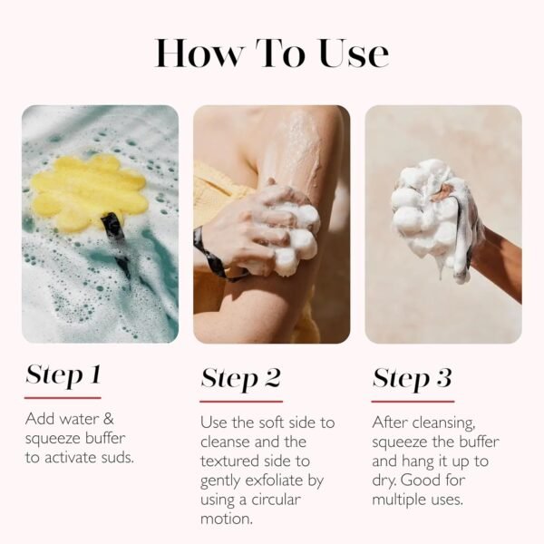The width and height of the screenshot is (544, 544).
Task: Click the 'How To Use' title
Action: click(272, 53)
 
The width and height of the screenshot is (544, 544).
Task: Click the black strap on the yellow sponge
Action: click(115, 243)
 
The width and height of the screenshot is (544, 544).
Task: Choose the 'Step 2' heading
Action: click(240, 378)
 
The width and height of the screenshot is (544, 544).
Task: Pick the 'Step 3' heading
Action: click(412, 378)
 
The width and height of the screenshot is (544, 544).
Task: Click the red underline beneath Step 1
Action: click(63, 397)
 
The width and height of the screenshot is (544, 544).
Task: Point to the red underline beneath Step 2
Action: click(241, 401)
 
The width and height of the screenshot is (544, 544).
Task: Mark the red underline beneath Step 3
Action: click(413, 401)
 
